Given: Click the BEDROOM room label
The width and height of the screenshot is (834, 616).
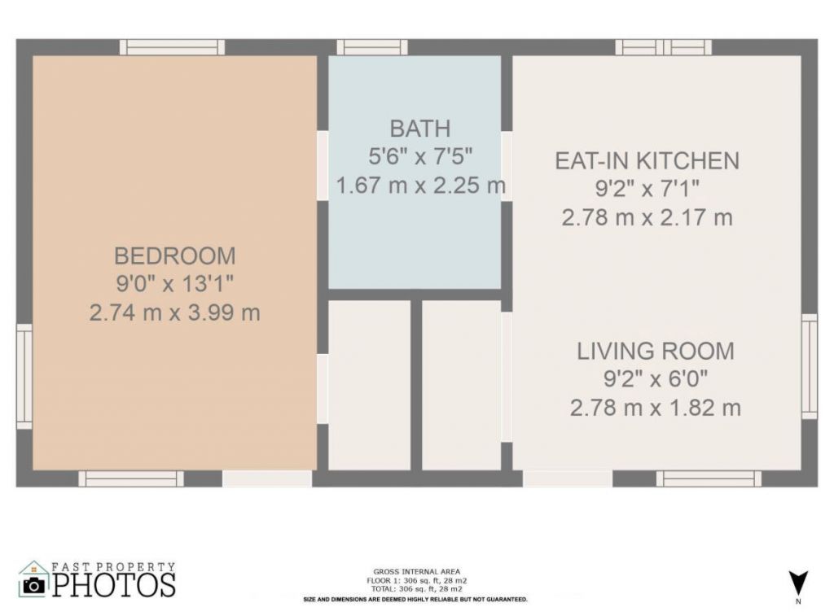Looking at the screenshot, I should coord(174,256).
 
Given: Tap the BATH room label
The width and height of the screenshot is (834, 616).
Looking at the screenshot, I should coord(419,129).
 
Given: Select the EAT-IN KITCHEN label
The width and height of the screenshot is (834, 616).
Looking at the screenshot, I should coord(647,160).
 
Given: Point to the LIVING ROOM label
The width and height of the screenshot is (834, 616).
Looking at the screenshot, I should coord(655,352).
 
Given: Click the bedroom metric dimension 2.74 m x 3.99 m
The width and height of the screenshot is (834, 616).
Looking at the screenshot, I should coord(174,312).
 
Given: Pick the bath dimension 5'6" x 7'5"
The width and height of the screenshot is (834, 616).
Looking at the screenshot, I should coord(420,157).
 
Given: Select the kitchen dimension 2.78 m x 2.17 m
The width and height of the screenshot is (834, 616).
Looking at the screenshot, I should coord(647,218).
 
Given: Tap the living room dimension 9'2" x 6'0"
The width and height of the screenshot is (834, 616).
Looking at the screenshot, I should coord(655,379).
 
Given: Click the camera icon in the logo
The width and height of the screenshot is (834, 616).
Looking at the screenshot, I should coord(34,583).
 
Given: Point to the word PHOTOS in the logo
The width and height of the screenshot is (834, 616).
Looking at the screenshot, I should coord(114,584).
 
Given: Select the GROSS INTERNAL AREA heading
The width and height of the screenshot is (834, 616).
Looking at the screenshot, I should coord(416,571).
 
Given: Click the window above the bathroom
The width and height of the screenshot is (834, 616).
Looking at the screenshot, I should coord(372,47).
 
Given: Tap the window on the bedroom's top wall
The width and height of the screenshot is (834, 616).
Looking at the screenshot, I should coord(172,47).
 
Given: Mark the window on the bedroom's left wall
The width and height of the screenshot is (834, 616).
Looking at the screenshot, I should coord(24,376).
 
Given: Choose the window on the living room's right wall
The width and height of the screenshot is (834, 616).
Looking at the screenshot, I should coord(809,366).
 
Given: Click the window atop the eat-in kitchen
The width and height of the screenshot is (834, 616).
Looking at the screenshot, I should coord(663,47).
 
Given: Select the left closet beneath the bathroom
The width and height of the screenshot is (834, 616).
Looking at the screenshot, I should coord(369,385).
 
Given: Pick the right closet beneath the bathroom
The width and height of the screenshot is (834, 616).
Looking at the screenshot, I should coord(461,385).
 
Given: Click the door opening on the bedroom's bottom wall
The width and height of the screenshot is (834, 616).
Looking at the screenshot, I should coord(267,478).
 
